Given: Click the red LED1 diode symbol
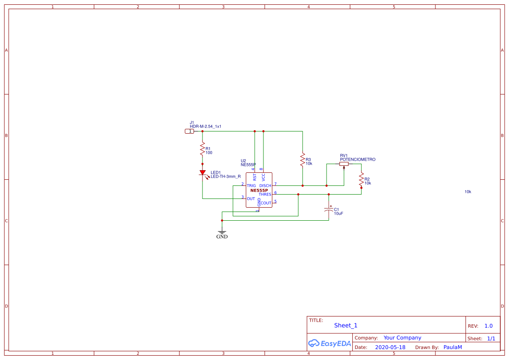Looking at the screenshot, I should click(x=202, y=172).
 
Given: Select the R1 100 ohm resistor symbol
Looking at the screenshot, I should click(x=202, y=149).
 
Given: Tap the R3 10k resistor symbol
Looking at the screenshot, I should click(x=302, y=159).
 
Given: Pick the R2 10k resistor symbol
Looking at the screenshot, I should click(x=361, y=179).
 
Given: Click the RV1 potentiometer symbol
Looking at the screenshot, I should click(x=344, y=164).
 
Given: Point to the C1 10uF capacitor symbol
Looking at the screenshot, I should click(x=329, y=210).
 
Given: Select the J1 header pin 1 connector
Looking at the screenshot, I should click(x=189, y=131).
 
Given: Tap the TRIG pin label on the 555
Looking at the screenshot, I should click(x=251, y=186).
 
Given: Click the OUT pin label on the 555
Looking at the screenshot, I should click(x=251, y=199).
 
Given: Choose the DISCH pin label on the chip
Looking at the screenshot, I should click(x=265, y=186).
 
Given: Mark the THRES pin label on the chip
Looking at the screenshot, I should click(x=265, y=195).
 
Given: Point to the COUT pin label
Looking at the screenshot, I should click(x=266, y=203).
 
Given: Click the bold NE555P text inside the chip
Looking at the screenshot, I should click(x=259, y=190).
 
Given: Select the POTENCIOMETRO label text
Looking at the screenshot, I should click(x=357, y=160).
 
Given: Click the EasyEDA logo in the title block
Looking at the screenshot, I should click(x=329, y=343).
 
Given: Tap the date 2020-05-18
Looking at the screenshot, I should click(x=390, y=347).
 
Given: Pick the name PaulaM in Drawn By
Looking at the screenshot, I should click(x=452, y=347).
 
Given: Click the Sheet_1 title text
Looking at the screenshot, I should click(x=346, y=325).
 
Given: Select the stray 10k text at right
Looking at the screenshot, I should click(x=468, y=192).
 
